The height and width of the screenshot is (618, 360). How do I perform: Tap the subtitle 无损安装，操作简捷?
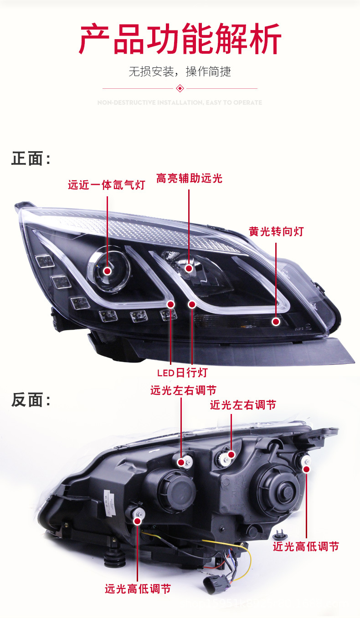(x=180, y=72)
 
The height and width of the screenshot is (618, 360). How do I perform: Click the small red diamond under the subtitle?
(x=180, y=88)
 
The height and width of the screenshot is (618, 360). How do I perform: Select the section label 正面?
(x=31, y=158)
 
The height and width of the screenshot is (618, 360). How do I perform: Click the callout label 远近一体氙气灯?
(x=106, y=185)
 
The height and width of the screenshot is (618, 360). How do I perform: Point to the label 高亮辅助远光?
(x=189, y=178)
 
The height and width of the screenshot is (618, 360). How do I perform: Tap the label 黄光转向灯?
(x=276, y=231)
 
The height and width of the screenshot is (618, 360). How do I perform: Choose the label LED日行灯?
(x=182, y=373)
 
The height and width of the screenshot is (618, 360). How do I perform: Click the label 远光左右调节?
(x=183, y=390)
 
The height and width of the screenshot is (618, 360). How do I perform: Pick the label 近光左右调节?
(x=243, y=405)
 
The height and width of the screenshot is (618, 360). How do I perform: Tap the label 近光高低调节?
(x=306, y=546)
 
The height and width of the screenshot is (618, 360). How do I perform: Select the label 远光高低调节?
(x=138, y=589)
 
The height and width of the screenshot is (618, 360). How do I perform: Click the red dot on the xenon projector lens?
(x=108, y=271)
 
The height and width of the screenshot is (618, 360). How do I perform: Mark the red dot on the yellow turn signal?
(x=276, y=322)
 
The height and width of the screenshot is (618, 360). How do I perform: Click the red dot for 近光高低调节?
(x=306, y=469)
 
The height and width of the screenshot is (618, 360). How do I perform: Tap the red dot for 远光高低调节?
(x=137, y=520)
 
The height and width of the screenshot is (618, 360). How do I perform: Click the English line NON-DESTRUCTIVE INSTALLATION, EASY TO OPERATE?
(x=180, y=102)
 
